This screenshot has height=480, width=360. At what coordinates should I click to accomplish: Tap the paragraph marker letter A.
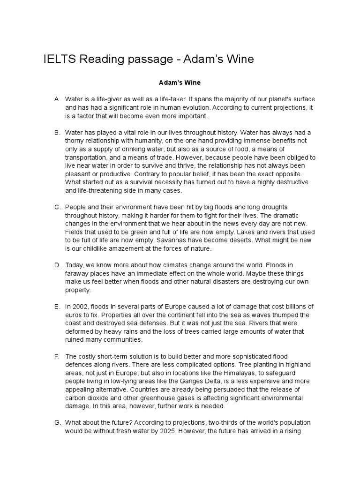pos(57,99)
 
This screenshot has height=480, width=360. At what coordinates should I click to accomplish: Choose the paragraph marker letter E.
pos(57,307)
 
